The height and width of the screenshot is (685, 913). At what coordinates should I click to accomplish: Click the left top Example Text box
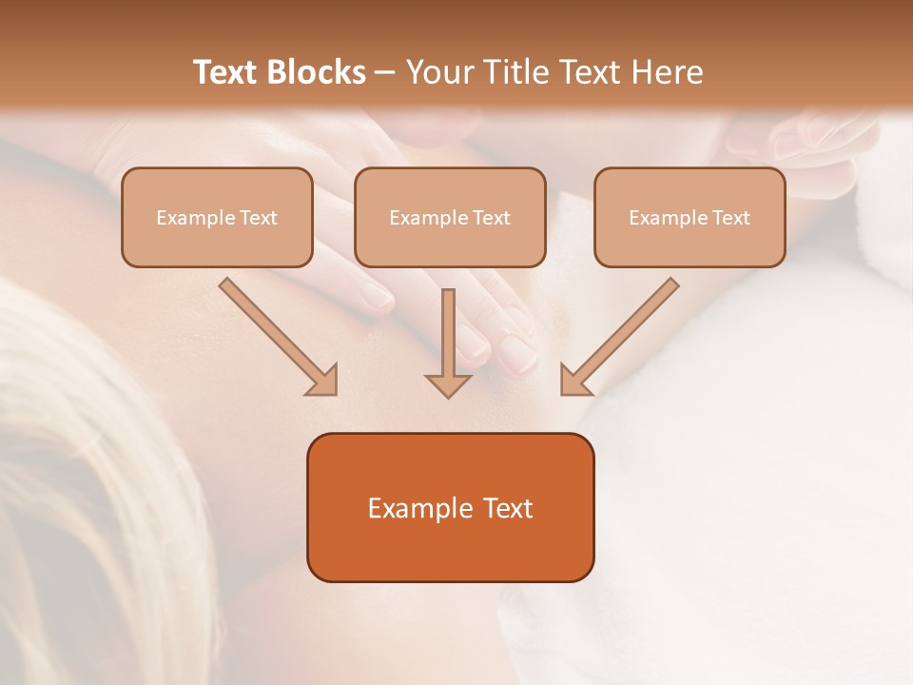(217, 217)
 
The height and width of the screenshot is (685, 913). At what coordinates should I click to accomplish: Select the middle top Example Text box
(450, 217)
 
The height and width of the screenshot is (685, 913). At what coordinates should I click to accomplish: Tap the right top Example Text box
(690, 217)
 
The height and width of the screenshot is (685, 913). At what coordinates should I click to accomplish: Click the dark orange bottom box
(450, 507)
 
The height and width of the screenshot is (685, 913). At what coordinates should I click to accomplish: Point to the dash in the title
(385, 72)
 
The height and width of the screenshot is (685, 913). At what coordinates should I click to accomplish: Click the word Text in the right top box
(730, 218)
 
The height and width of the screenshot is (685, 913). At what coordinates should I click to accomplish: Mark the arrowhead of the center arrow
(449, 384)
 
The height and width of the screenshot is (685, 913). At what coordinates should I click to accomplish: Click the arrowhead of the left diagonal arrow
(323, 382)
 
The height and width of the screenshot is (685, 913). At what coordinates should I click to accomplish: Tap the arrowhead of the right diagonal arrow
(573, 382)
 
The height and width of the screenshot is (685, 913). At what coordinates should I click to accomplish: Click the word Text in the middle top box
(491, 218)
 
